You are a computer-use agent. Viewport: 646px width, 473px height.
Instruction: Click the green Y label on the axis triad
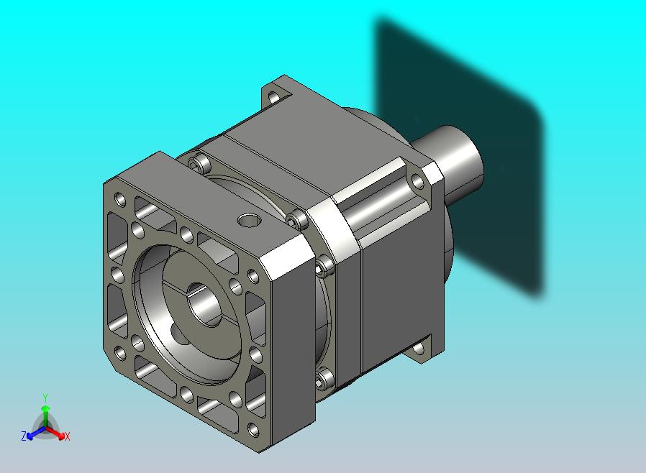45,398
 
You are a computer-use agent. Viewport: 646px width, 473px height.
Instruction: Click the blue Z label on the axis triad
24,436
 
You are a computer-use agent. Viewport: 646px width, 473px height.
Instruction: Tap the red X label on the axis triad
68,436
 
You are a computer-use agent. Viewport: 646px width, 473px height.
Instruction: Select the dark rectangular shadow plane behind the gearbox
458,157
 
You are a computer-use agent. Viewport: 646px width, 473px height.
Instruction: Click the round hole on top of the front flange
249,220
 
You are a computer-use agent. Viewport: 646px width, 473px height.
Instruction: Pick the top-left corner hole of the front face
120,200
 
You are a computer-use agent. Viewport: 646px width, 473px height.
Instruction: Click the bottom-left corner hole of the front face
120,353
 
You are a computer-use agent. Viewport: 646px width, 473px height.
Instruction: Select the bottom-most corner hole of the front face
253,430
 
